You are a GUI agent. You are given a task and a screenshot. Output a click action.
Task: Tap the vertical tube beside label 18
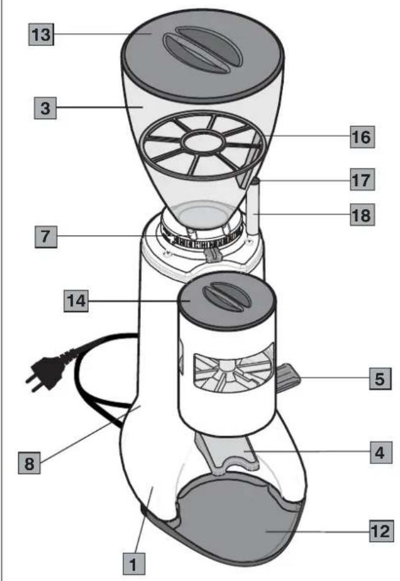(x=254, y=208)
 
